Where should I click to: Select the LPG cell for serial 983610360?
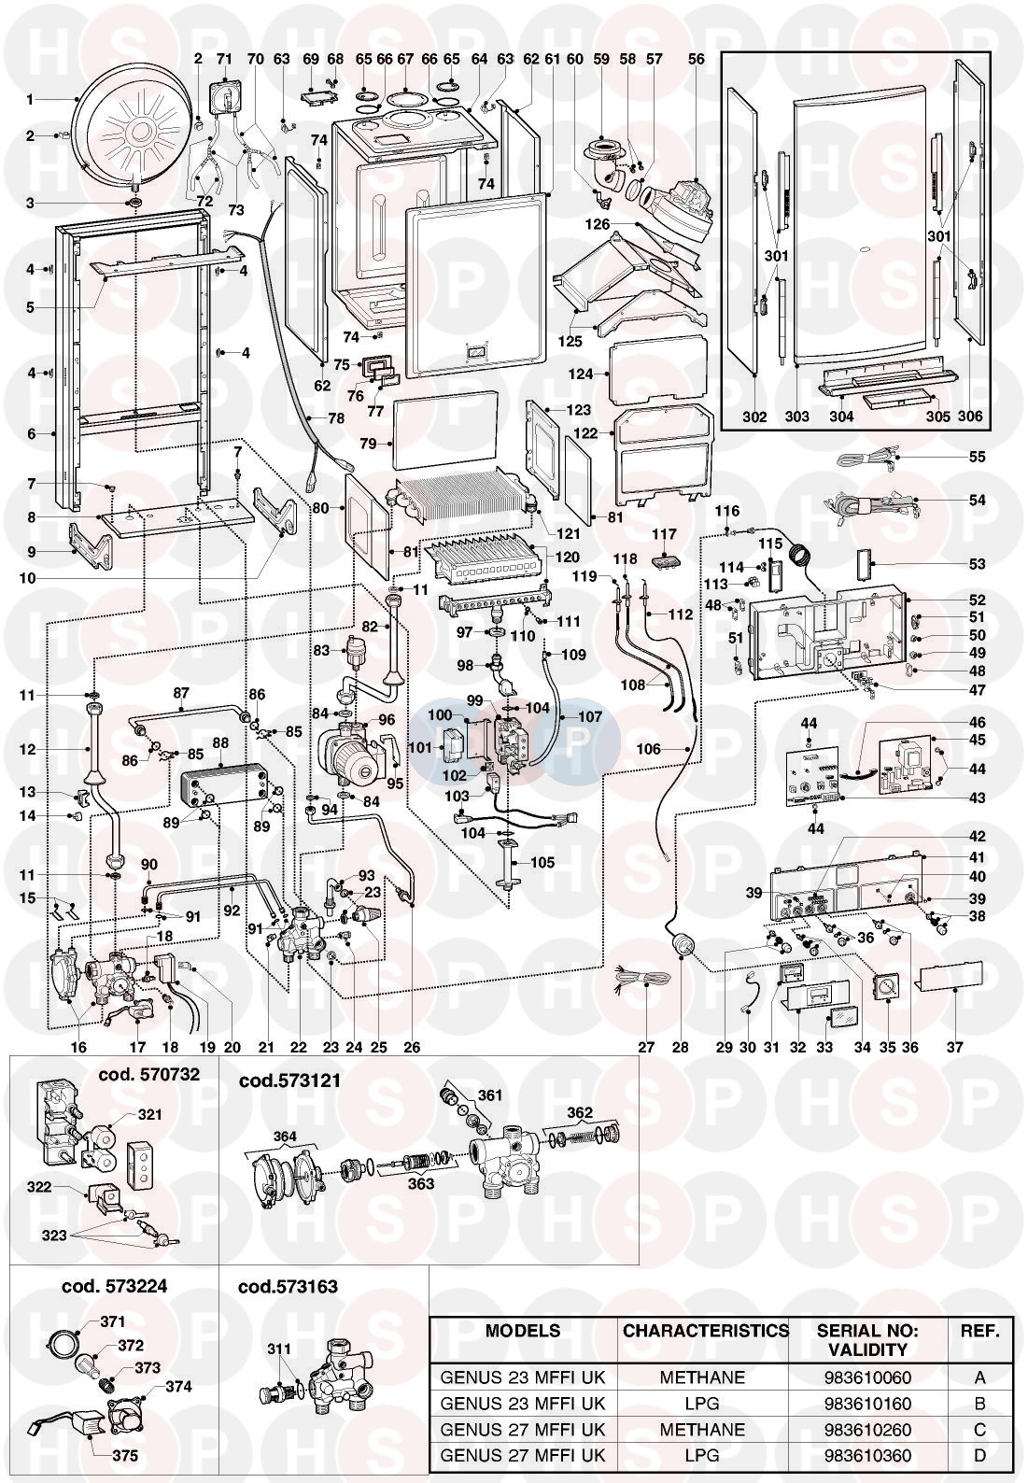[702, 1455]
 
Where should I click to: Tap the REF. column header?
[979, 1330]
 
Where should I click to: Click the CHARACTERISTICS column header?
[705, 1330]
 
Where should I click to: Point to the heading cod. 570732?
[149, 1075]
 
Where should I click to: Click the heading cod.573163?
[288, 1286]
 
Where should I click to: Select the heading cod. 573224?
[114, 1286]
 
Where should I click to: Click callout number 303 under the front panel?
[796, 417]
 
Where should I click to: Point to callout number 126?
[597, 224]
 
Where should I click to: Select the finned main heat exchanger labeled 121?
[458, 504]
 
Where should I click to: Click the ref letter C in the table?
[979, 1429]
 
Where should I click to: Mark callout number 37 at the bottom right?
[954, 1048]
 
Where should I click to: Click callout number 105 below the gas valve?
[542, 862]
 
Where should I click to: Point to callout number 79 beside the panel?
[369, 444]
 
